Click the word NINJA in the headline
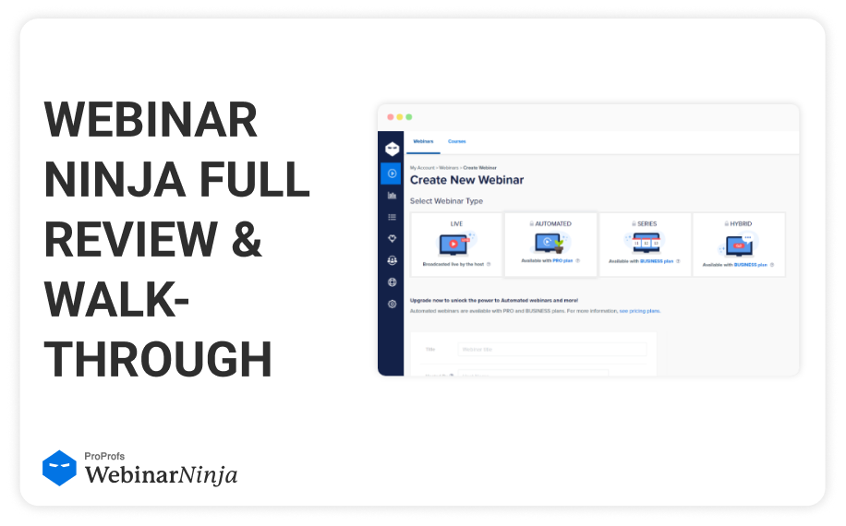coord(103,180)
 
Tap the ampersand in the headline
coord(246,239)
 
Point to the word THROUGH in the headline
coord(158,358)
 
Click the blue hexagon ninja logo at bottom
coord(59,468)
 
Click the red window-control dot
coord(390,117)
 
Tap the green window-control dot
coord(409,117)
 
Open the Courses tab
coord(456,141)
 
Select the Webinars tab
coord(423,141)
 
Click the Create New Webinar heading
coord(466,180)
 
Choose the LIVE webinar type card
coord(456,245)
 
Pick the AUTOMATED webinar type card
coord(551,245)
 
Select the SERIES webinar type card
coord(645,245)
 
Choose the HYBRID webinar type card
coord(739,245)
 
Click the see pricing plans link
coord(639,311)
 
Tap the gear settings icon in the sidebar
coord(392,304)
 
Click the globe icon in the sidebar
coord(392,282)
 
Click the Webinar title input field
coord(551,349)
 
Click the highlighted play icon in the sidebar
coord(392,173)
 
